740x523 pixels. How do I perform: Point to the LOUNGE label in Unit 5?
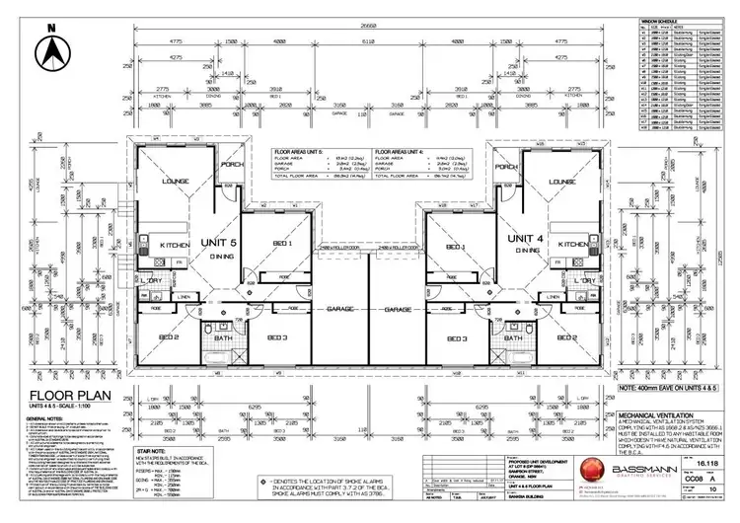click(177, 182)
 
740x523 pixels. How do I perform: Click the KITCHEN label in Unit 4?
click(573, 243)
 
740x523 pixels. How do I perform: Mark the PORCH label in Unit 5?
click(232, 166)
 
